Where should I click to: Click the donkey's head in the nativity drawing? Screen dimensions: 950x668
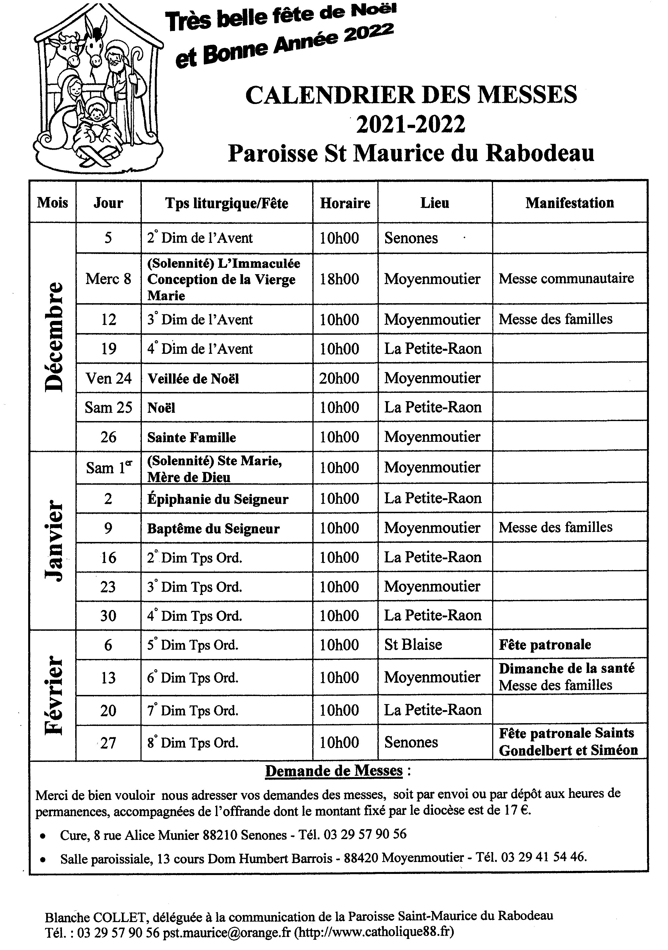click(x=94, y=46)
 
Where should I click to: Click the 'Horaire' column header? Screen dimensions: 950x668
click(x=345, y=203)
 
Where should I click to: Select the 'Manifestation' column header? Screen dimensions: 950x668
click(x=570, y=203)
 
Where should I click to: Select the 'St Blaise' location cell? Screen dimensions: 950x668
click(x=413, y=645)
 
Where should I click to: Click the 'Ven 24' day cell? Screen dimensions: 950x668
click(x=108, y=378)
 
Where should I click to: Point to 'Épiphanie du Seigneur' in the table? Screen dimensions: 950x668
click(x=218, y=499)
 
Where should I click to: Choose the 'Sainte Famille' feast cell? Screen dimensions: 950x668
click(x=192, y=437)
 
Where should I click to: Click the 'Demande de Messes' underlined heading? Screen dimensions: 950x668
click(x=334, y=771)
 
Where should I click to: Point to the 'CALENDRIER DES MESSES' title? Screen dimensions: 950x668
click(x=411, y=95)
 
